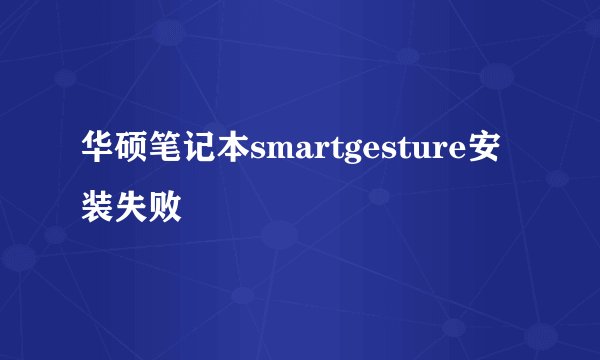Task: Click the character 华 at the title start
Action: coord(98,153)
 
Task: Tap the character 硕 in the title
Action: coord(132,153)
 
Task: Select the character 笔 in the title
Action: coord(166,153)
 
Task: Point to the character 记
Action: coord(200,153)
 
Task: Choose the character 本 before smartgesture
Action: coord(233,153)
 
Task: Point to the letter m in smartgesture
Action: coord(277,156)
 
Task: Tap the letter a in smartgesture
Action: coord(301,156)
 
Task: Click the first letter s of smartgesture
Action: coord(258,156)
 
